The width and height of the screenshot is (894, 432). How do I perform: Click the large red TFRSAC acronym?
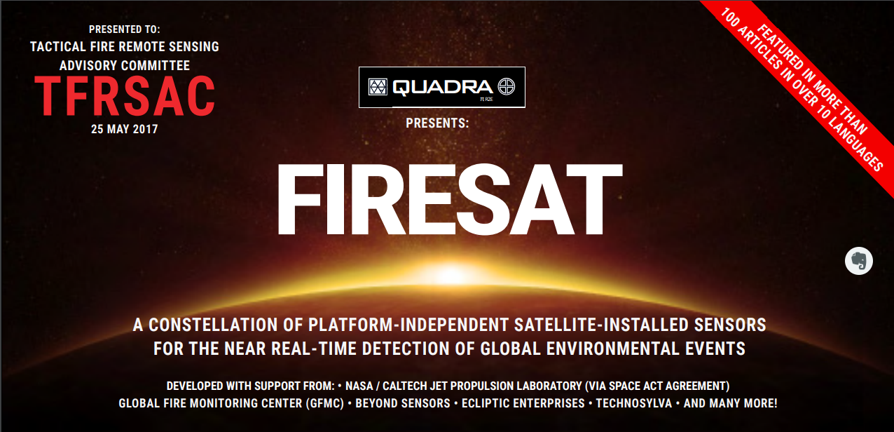coord(125,96)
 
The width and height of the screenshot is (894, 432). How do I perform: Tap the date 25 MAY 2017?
coord(125,129)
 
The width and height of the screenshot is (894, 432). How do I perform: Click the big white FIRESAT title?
coord(450,199)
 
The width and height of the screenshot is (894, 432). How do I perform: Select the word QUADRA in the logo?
coord(443,87)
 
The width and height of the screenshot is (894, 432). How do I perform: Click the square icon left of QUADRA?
coord(378,87)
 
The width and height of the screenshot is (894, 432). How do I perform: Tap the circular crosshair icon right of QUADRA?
coord(507,86)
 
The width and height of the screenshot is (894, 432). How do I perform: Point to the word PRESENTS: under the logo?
coord(437,123)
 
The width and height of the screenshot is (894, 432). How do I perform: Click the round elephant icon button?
coord(859,261)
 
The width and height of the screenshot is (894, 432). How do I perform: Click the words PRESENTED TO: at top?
coord(125,29)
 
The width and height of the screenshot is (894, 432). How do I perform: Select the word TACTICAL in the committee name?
coord(58,47)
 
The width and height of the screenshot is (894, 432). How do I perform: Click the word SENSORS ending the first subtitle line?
coord(730,325)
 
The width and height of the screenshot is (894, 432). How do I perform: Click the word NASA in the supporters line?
coord(359,386)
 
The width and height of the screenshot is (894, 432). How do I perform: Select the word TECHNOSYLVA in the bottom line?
coord(634,403)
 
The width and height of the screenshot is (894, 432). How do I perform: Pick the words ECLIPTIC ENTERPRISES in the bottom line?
coord(523,403)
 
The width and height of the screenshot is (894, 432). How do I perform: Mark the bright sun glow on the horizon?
coord(451,274)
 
